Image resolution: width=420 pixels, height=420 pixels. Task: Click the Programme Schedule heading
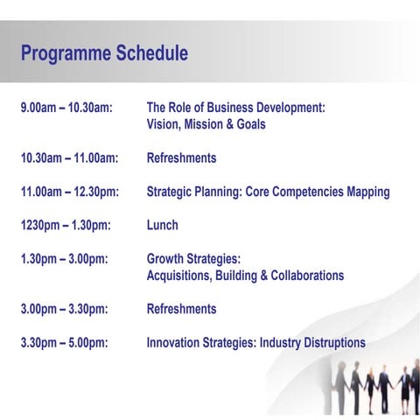pyautogui.click(x=104, y=53)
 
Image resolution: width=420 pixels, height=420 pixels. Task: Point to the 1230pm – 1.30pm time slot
pyautogui.click(x=66, y=225)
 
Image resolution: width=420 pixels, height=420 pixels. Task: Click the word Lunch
pyautogui.click(x=162, y=225)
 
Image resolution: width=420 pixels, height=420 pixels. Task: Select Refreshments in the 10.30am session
pyautogui.click(x=181, y=158)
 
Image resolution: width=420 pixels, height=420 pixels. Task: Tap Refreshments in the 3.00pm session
pyautogui.click(x=181, y=309)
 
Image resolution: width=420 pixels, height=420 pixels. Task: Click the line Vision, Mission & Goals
pyautogui.click(x=206, y=124)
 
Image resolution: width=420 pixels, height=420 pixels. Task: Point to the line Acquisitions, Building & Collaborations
pyautogui.click(x=245, y=276)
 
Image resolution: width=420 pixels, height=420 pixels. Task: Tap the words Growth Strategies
pyautogui.click(x=192, y=259)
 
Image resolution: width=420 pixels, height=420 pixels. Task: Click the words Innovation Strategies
pyautogui.click(x=201, y=343)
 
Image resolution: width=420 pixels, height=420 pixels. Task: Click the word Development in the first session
pyautogui.click(x=288, y=108)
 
